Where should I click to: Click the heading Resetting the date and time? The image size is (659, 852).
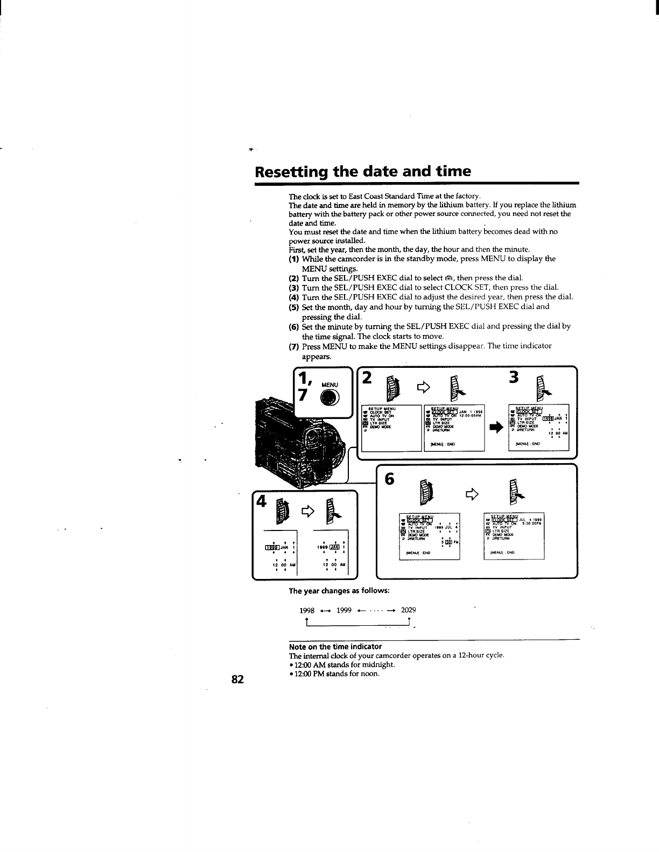point(363,171)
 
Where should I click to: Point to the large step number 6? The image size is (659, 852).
point(390,479)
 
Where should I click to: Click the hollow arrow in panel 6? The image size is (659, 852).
point(472,492)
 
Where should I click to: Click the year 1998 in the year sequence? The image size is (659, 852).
point(307,610)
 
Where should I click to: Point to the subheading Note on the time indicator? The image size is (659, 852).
point(335,646)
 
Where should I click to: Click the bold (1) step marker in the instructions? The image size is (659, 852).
point(294,259)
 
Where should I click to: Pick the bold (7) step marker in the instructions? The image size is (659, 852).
point(294,346)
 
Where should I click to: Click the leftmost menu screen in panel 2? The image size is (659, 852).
point(391,427)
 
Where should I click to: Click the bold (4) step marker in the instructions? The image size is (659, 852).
point(294,297)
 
